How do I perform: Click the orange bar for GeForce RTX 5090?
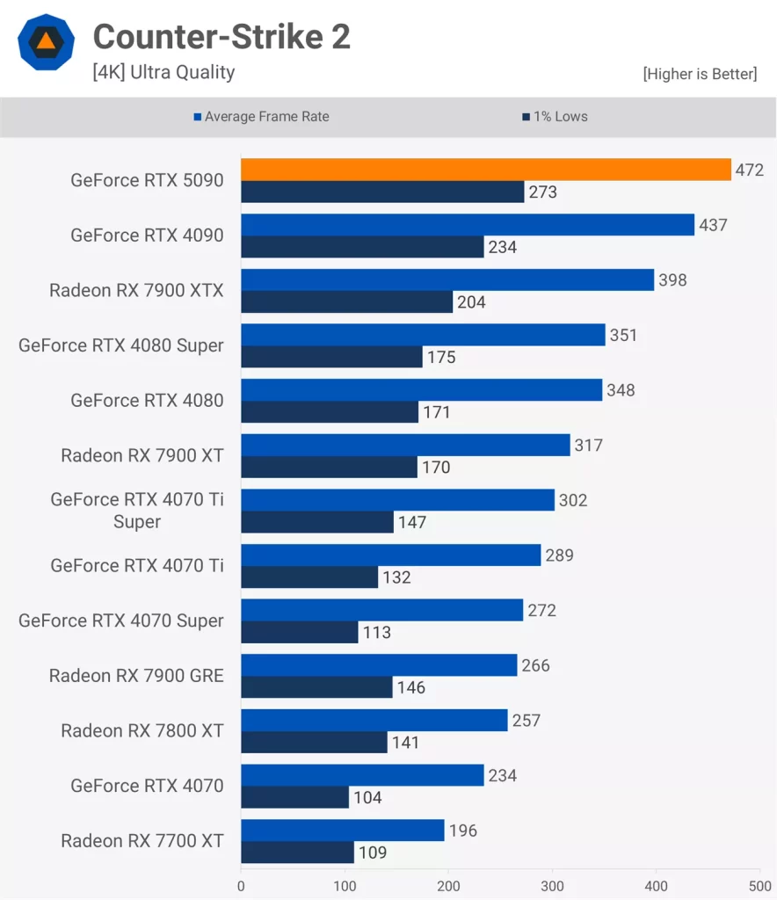coord(485,170)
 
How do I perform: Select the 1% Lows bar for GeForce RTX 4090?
coord(362,247)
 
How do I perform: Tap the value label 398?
coord(672,280)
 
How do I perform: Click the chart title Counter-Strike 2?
coord(221,37)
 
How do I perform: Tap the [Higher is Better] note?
coord(700,74)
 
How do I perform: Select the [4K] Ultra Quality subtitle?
coord(163,72)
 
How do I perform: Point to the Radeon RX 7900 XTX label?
coord(136,290)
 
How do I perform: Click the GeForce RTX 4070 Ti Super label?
coord(136,511)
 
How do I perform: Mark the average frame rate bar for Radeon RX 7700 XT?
coord(342,831)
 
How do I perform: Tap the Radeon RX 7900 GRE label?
coord(136,676)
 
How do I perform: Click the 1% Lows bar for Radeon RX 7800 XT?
coord(314,743)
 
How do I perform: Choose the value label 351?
coord(623,335)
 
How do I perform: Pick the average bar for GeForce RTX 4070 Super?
coord(381,610)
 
